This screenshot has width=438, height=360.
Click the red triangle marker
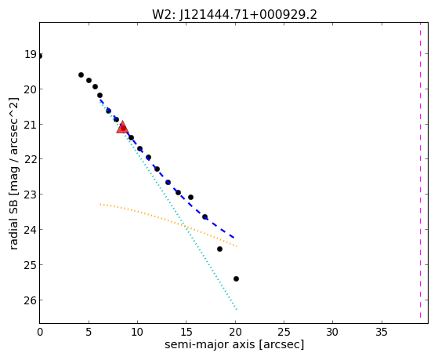pyautogui.click(x=122, y=127)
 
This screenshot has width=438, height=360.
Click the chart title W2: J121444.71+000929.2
pyautogui.click(x=234, y=15)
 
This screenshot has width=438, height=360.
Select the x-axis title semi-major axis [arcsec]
pyautogui.click(x=234, y=344)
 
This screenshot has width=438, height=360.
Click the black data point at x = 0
pyautogui.click(x=40, y=56)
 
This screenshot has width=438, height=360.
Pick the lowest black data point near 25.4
pyautogui.click(x=236, y=278)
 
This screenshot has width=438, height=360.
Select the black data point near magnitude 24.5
pyautogui.click(x=219, y=249)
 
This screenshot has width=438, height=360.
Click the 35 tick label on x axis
pyautogui.click(x=382, y=332)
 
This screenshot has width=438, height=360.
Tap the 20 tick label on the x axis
pyautogui.click(x=235, y=332)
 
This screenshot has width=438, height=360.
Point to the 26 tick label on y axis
pyautogui.click(x=31, y=300)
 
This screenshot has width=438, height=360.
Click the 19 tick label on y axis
pyautogui.click(x=31, y=55)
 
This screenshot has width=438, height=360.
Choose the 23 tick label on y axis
pyautogui.click(x=31, y=195)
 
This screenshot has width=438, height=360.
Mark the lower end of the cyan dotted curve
pyautogui.click(x=237, y=309)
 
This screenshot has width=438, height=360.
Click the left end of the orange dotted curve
pyautogui.click(x=100, y=205)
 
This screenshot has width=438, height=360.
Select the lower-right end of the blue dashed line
pyautogui.click(x=234, y=238)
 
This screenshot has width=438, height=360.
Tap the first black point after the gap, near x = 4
pyautogui.click(x=81, y=75)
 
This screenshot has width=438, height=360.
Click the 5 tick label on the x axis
pyautogui.click(x=89, y=332)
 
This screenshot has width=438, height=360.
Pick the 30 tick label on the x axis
pyautogui.click(x=332, y=332)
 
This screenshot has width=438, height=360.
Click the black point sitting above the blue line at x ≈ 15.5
pyautogui.click(x=190, y=197)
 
